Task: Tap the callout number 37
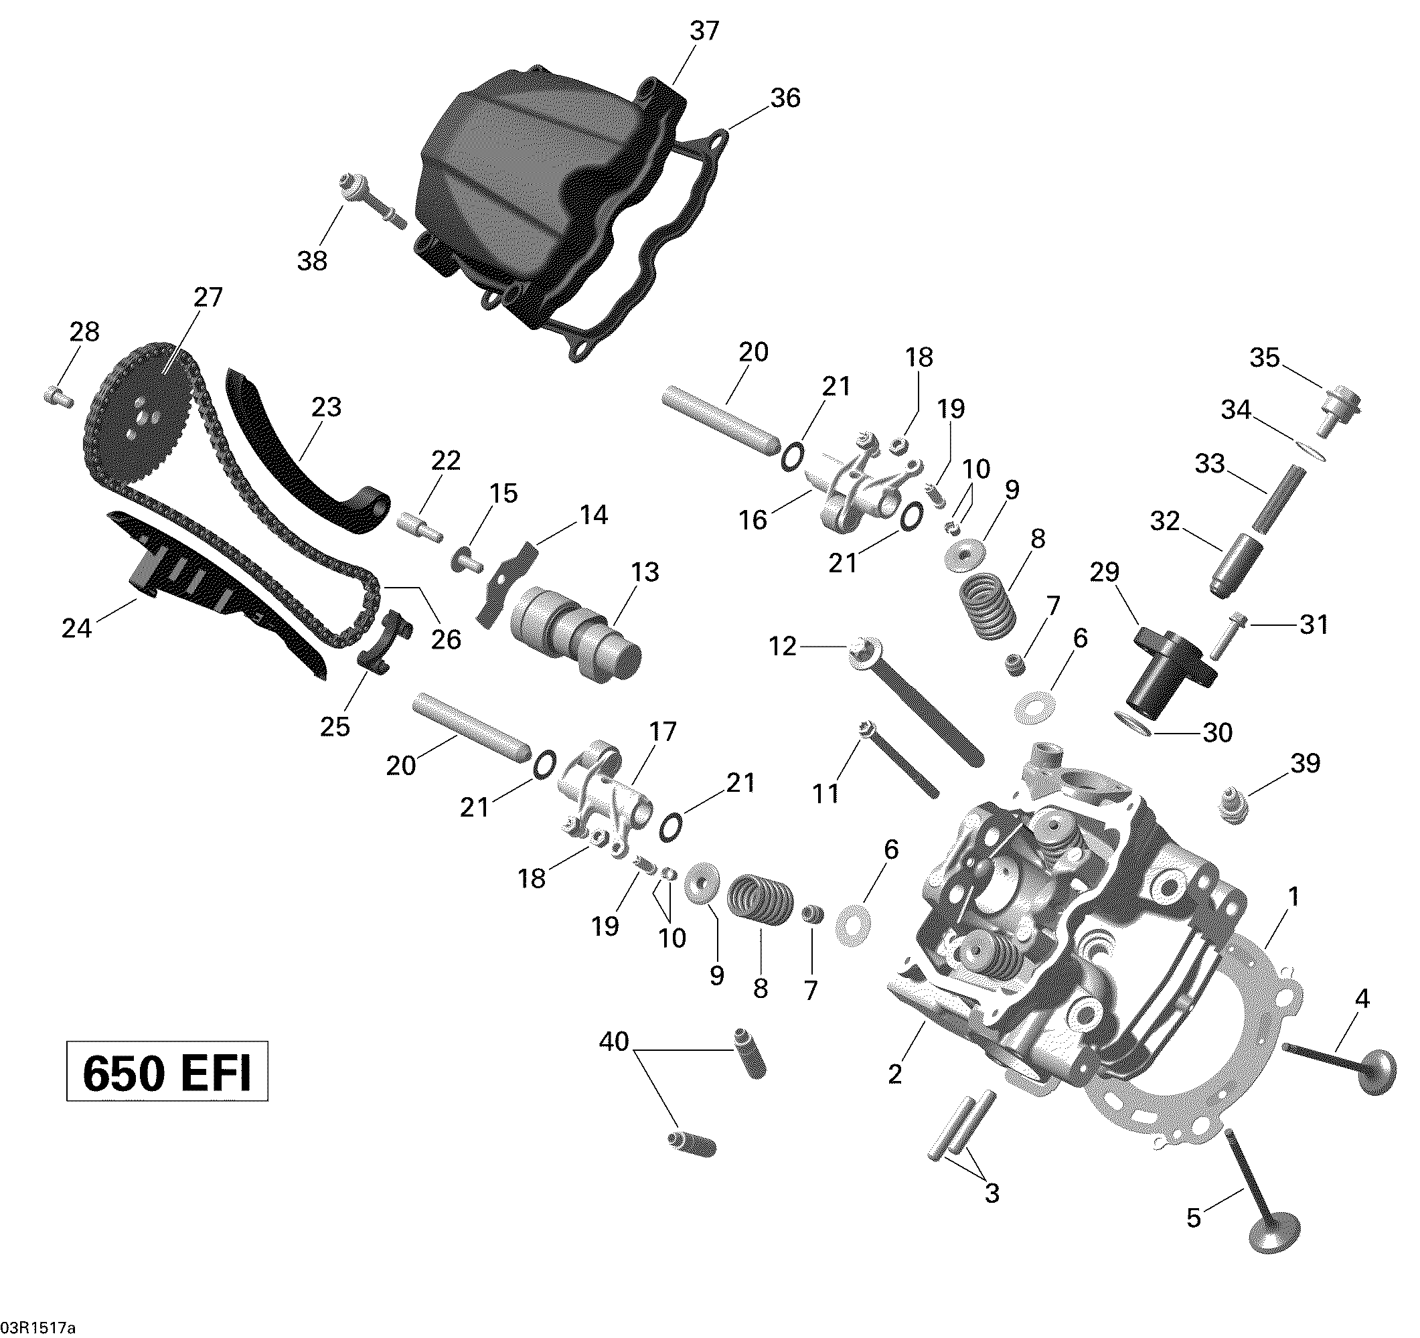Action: (704, 31)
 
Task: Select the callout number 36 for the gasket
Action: (785, 98)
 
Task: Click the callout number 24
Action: (76, 629)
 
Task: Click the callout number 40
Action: (613, 1041)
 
